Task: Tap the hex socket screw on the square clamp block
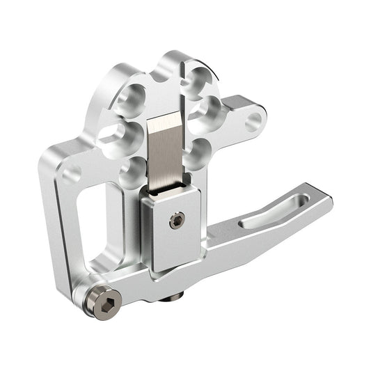177,221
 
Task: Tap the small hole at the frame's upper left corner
70,171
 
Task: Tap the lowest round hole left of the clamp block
132,171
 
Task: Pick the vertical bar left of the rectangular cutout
60,223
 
